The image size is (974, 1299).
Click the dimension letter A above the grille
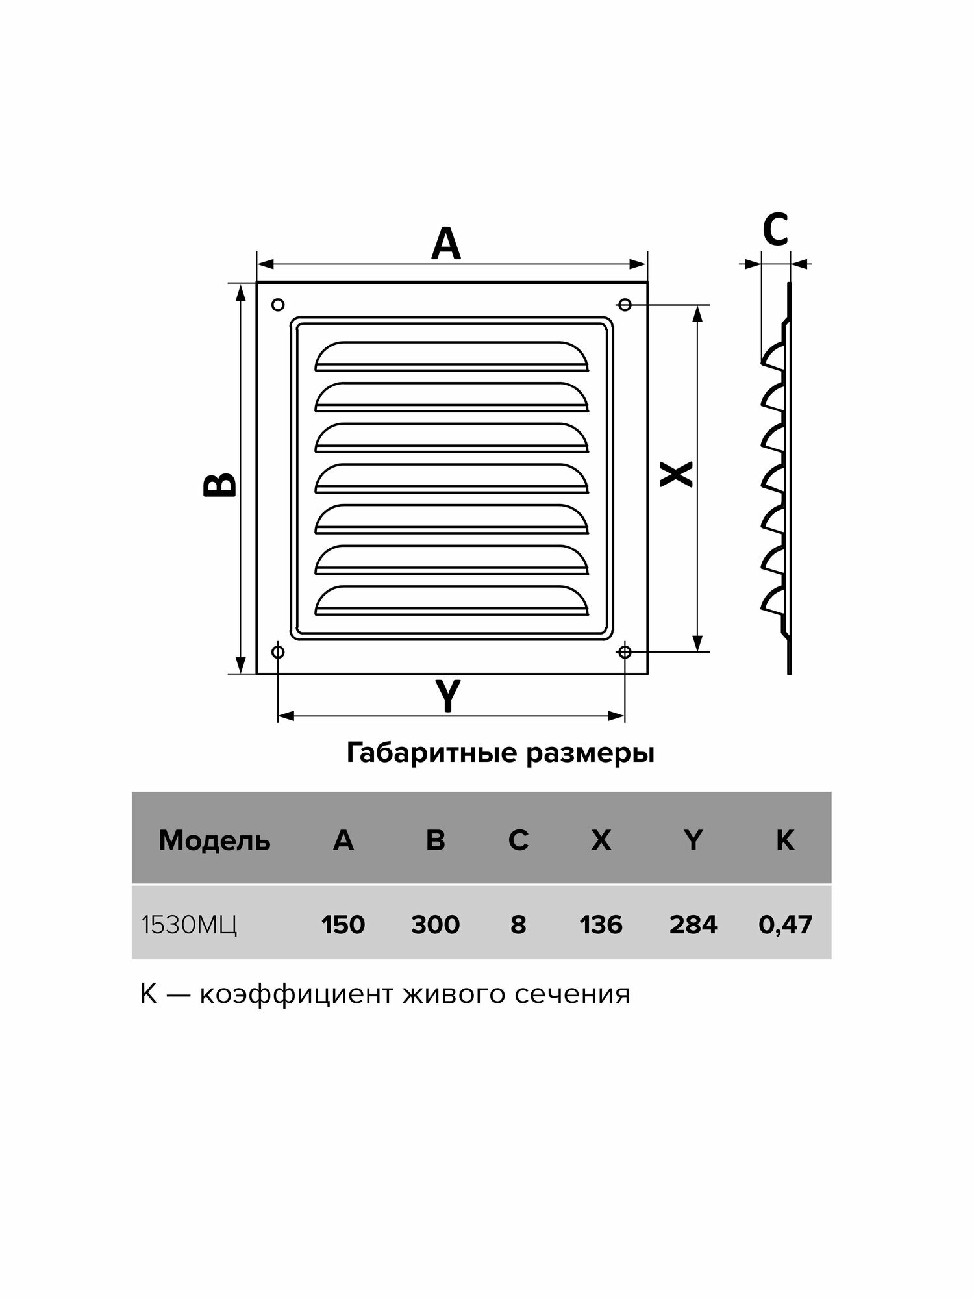point(446,245)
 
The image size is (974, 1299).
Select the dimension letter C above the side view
point(775,229)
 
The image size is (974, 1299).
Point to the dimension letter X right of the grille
point(676,474)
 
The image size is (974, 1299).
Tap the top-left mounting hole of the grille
point(278,304)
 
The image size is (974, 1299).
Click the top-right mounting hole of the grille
point(625,304)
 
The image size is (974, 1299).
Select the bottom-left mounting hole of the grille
point(278,651)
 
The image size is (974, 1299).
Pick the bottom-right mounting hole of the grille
point(625,651)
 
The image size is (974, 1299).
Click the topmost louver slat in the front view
point(451,356)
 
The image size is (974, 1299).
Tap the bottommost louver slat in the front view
point(451,601)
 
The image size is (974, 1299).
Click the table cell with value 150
point(343,924)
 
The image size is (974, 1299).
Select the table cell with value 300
point(435,924)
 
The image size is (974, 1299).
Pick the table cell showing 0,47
point(785,924)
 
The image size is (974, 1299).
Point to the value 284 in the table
point(693,924)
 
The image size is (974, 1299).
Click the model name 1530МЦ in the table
point(190,925)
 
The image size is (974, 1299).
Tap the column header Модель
point(214,841)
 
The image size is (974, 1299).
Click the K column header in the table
point(785,841)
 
